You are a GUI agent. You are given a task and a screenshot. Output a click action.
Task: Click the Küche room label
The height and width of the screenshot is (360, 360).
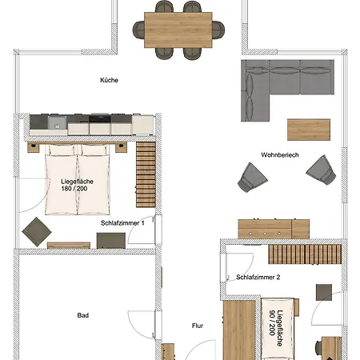(x=109, y=80)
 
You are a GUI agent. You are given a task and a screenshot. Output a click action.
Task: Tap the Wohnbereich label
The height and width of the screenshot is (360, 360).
(x=280, y=155)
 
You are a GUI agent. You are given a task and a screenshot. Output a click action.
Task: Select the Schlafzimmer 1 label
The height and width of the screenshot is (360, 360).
(x=122, y=223)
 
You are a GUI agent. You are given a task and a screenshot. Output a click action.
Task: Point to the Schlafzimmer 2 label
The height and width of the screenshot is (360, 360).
(x=258, y=278)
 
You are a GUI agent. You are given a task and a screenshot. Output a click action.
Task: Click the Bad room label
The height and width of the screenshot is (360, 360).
(x=83, y=315)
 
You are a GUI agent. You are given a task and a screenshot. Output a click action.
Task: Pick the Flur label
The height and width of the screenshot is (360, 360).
(x=198, y=326)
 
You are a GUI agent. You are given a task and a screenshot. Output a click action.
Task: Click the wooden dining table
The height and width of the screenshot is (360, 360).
(x=178, y=30)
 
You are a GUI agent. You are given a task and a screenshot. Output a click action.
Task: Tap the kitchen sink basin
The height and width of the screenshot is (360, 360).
(x=57, y=122)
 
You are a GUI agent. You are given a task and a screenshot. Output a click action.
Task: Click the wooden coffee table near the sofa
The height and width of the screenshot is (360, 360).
(x=309, y=130)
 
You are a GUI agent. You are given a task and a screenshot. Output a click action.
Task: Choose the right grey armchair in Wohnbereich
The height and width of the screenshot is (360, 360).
(x=321, y=170)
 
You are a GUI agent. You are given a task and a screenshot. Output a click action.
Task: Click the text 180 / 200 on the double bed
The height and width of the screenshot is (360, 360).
(x=74, y=189)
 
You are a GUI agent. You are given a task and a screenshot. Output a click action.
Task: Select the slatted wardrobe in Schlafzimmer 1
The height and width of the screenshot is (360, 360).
(x=146, y=174)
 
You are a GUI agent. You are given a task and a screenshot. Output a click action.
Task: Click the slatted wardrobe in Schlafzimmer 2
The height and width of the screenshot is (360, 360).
(x=305, y=254)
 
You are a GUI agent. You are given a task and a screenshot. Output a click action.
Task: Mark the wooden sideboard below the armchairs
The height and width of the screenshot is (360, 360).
(x=274, y=229)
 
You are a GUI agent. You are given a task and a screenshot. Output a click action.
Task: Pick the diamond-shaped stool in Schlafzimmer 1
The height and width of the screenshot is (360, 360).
(x=37, y=232)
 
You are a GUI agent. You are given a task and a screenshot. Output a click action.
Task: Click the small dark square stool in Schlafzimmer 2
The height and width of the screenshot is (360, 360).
(x=324, y=292)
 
